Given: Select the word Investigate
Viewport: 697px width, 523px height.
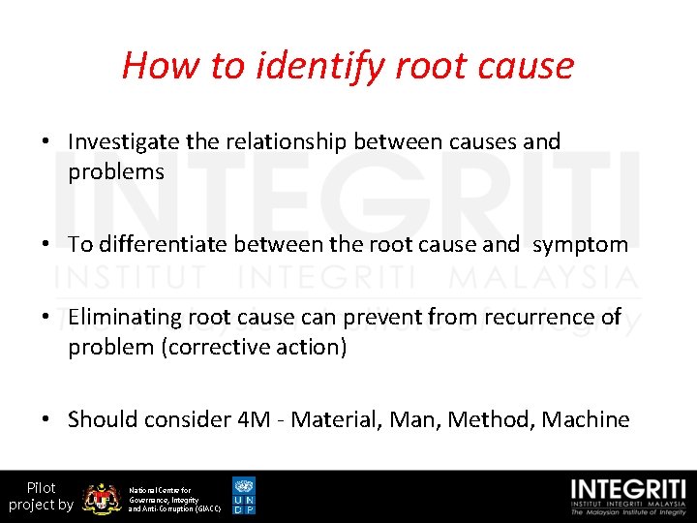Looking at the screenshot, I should pyautogui.click(x=124, y=141).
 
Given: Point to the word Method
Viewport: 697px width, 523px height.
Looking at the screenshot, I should pyautogui.click(x=490, y=419).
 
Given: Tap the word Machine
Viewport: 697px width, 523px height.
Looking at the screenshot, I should pyautogui.click(x=586, y=419).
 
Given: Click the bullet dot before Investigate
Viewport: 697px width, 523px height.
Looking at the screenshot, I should pyautogui.click(x=45, y=142).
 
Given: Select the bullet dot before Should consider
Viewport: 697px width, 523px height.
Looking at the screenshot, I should pyautogui.click(x=45, y=420).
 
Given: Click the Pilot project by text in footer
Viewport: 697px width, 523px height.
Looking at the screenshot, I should pyautogui.click(x=41, y=496).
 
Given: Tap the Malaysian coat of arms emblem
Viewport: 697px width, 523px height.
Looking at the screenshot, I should pyautogui.click(x=101, y=497).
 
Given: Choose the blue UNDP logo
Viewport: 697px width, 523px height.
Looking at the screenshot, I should pyautogui.click(x=244, y=496).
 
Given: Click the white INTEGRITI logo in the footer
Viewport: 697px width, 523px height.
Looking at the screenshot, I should pyautogui.click(x=629, y=496).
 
